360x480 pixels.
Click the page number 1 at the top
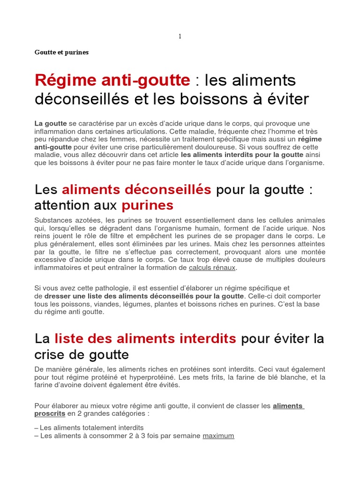(180, 37)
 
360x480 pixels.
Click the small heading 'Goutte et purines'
(61, 52)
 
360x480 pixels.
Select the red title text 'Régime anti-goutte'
(112, 81)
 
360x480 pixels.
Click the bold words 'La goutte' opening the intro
(51, 123)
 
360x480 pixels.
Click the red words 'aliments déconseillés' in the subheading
(136, 190)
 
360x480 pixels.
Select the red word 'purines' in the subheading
(147, 205)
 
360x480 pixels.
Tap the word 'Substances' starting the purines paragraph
(52, 220)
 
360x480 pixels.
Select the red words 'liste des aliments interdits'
(145, 338)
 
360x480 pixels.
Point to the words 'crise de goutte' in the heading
(82, 353)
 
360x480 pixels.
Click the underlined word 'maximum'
(218, 435)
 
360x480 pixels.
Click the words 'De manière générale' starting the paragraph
(65, 369)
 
